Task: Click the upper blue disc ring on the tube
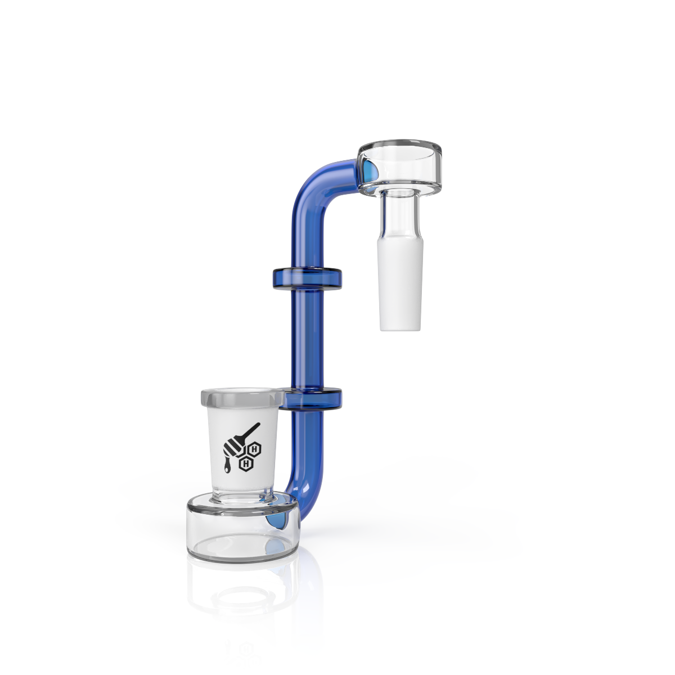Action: pos(307,279)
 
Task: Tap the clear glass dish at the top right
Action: pos(400,168)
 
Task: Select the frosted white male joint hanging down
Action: pos(401,280)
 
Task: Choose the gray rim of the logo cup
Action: pos(242,398)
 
